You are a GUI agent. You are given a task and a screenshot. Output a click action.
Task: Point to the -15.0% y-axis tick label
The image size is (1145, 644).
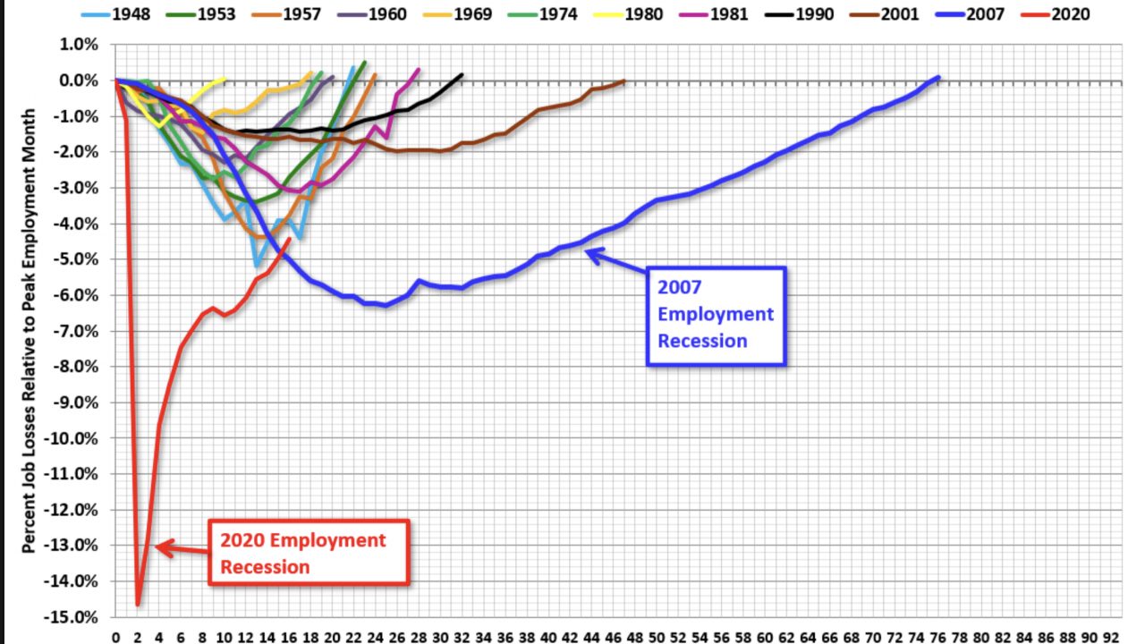(75, 617)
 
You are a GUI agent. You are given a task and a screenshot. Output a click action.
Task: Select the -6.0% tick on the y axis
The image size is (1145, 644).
(79, 295)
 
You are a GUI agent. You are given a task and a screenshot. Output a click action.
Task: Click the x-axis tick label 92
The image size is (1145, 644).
(1111, 637)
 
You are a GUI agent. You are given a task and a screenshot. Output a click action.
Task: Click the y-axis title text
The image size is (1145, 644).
(30, 331)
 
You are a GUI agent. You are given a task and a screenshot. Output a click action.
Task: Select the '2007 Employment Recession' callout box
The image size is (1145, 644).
(716, 315)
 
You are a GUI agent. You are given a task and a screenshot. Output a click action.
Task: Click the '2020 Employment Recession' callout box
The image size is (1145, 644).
(309, 552)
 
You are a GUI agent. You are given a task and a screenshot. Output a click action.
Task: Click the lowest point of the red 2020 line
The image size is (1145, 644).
(139, 605)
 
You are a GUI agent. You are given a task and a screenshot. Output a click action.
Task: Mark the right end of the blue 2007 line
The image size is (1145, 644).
(938, 78)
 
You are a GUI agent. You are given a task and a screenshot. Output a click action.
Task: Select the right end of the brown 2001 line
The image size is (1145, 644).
(623, 81)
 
